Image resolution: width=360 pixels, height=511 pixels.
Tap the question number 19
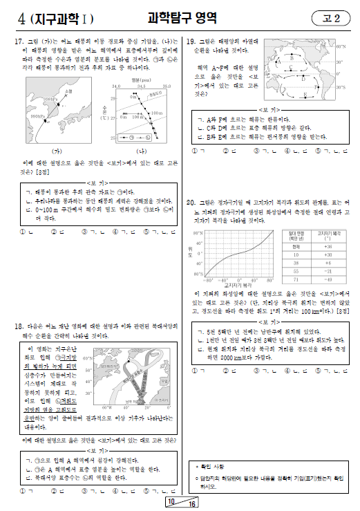[191, 41]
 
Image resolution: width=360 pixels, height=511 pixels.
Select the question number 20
[191, 203]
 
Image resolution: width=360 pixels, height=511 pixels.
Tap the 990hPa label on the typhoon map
[39, 118]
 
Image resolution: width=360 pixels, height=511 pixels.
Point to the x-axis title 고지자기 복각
[238, 286]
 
